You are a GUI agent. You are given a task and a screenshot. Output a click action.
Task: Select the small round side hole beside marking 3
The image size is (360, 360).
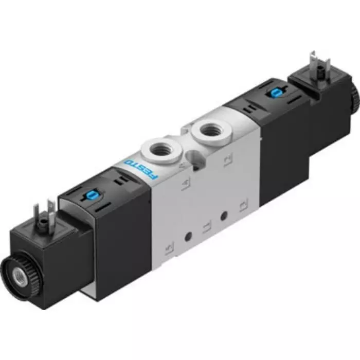click(x=223, y=216)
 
